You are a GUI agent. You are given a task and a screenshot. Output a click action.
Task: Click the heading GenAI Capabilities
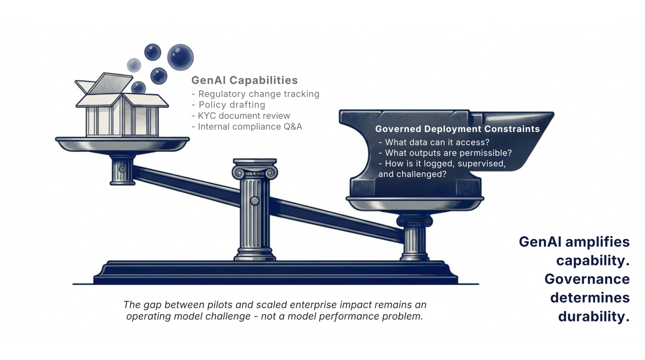coord(244,80)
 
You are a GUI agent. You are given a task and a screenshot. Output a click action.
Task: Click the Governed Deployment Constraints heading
coord(457,129)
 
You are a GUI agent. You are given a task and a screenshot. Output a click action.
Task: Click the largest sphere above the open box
coord(180,57)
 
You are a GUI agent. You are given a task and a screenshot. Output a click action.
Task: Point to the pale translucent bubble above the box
coord(134,65)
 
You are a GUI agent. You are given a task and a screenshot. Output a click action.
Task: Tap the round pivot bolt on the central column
coord(255,201)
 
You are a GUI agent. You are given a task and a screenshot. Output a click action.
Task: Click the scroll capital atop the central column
coord(255,171)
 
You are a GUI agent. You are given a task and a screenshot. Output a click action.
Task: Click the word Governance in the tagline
coord(587,279)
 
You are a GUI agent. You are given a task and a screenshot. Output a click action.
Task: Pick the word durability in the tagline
coord(593,316)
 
